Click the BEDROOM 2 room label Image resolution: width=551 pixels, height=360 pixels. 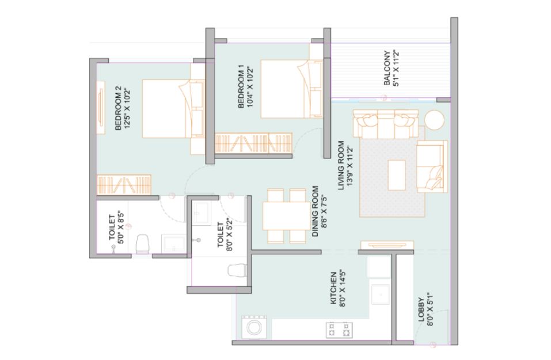pyautogui.click(x=118, y=108)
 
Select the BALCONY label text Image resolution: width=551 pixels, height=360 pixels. pyautogui.click(x=387, y=68)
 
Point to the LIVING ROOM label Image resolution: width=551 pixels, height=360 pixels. pyautogui.click(x=341, y=165)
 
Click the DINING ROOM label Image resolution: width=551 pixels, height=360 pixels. pyautogui.click(x=315, y=211)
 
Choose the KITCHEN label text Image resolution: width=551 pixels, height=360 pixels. pyautogui.click(x=334, y=288)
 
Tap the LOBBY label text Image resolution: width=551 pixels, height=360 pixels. pyautogui.click(x=421, y=310)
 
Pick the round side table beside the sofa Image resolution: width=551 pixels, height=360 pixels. pyautogui.click(x=434, y=120)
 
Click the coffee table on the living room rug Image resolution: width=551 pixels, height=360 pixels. pyautogui.click(x=397, y=175)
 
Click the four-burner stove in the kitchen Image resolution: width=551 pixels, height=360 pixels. pyautogui.click(x=340, y=330)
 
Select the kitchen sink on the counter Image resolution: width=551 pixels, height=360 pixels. pyautogui.click(x=381, y=294)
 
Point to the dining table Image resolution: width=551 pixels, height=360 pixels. pyautogui.click(x=286, y=216)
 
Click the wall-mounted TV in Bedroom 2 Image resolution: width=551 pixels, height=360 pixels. pyautogui.click(x=101, y=108)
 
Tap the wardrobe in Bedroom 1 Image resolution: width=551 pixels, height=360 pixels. pyautogui.click(x=253, y=143)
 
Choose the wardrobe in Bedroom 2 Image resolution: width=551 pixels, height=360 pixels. pyautogui.click(x=124, y=184)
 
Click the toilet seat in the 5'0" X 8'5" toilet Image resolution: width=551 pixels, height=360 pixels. pyautogui.click(x=142, y=244)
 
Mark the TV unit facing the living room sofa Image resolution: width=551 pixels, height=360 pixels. pyautogui.click(x=387, y=245)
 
